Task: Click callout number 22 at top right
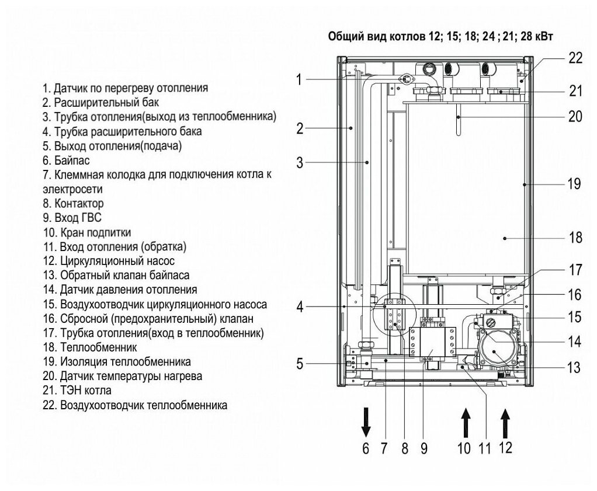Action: click(575, 58)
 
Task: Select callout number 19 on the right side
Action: click(574, 184)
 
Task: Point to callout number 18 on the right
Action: click(575, 238)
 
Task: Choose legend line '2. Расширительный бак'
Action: click(93, 102)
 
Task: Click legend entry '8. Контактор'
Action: click(73, 204)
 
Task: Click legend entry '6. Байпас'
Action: click(66, 160)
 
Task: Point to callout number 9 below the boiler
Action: click(424, 450)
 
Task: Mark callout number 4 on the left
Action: click(299, 306)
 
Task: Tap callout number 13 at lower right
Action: click(574, 368)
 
